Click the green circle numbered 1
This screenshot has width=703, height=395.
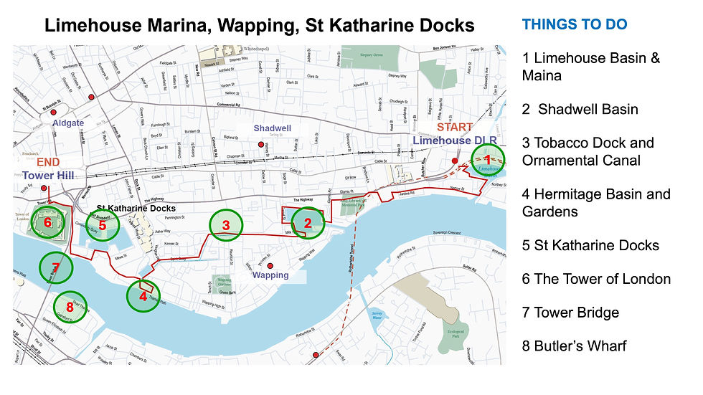(x=488, y=160)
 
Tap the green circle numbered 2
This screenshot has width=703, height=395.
(x=308, y=224)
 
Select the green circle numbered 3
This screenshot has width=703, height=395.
(x=226, y=226)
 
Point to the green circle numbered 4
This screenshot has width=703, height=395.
(x=143, y=295)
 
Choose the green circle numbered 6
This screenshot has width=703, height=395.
(x=47, y=223)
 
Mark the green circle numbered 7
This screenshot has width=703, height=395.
(x=55, y=268)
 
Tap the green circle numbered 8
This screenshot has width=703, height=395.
(x=70, y=308)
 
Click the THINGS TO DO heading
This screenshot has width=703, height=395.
(x=574, y=25)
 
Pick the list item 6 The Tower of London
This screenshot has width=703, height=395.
(x=596, y=279)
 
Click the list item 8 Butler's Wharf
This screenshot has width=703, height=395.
(x=574, y=346)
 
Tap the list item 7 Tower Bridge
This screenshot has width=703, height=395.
(x=570, y=313)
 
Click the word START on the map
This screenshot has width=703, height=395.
(x=455, y=128)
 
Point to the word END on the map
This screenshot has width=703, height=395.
(x=39, y=162)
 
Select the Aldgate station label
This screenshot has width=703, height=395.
(x=68, y=123)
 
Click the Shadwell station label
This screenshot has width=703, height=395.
(x=273, y=128)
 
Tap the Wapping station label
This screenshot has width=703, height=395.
(x=270, y=275)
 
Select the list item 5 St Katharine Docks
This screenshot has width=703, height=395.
(x=590, y=245)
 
